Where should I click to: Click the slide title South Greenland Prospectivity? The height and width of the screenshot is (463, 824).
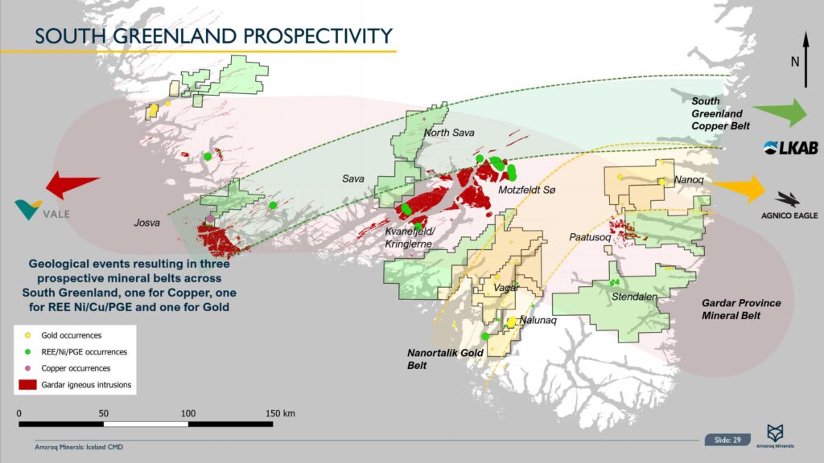click(x=214, y=35)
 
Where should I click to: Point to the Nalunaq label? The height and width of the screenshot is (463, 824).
click(x=539, y=320)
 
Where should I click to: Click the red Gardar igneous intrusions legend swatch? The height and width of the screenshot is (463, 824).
click(x=29, y=385)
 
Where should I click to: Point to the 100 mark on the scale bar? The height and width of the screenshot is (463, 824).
click(x=188, y=412)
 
